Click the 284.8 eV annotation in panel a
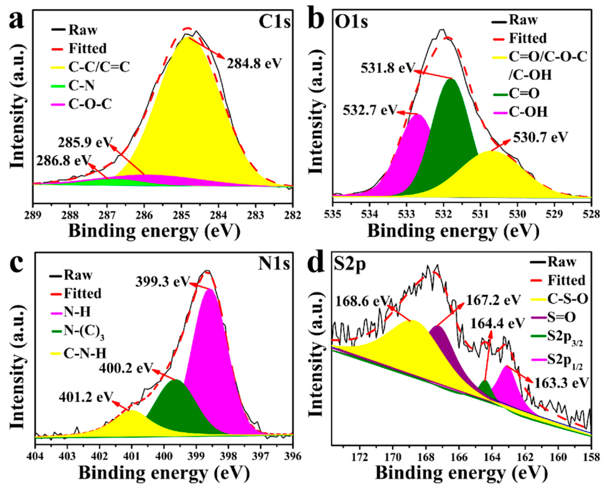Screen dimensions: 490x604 pyautogui.click(x=254, y=64)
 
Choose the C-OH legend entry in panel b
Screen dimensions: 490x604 pyautogui.click(x=528, y=112)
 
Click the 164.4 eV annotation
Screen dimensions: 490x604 pyautogui.click(x=498, y=323)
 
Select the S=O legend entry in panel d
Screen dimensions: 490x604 pyautogui.click(x=561, y=318)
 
